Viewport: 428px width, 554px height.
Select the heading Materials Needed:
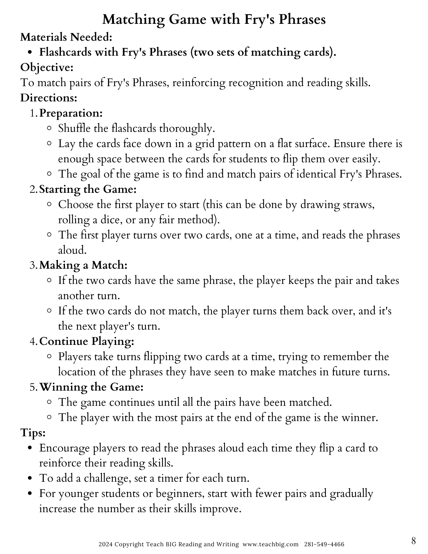66,37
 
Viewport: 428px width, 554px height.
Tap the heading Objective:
47,68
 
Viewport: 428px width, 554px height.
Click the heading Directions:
48,98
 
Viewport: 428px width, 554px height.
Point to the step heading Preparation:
71,113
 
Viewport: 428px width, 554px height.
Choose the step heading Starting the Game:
88,189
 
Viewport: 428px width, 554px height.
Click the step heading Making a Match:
83,265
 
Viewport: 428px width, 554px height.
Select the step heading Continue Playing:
87,341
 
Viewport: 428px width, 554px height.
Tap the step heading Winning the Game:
91,387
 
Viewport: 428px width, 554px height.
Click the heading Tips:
33,433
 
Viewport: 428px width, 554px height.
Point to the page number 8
414,540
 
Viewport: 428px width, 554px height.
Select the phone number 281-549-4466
324,544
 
